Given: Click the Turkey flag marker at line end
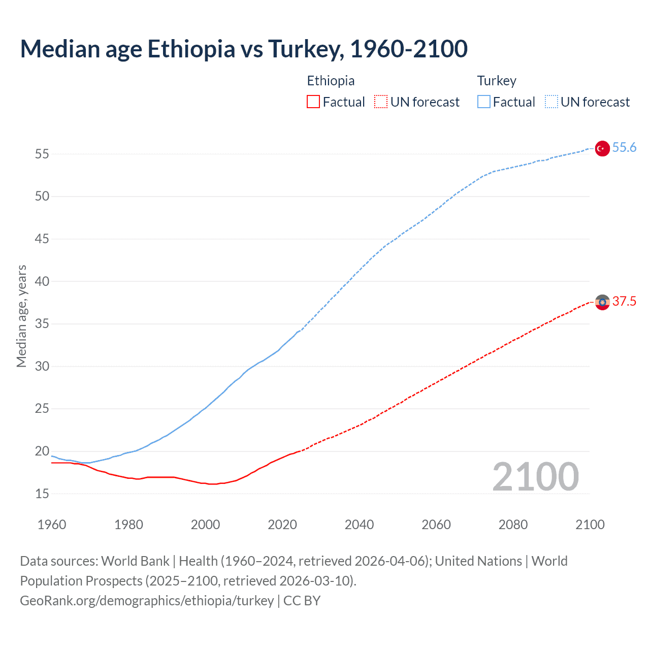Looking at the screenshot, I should coord(602,148).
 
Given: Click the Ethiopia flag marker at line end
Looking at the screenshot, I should coord(602,302).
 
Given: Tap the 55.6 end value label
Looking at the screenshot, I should coord(624,148).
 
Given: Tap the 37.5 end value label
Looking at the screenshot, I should coord(624,302).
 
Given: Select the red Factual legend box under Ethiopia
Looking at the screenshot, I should coord(313,102).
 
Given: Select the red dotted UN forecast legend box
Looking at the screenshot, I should coord(381,102).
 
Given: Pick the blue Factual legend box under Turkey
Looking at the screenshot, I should coord(483,102).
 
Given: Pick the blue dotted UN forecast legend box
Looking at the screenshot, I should coord(551,102).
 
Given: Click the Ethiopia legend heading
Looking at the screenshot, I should coord(331,81).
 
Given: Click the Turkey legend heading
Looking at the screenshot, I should coord(497,81).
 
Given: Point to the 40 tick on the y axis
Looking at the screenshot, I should coord(42,281).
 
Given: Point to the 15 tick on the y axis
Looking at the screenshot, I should coord(42,494).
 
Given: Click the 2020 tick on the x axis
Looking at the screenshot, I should coord(282,525).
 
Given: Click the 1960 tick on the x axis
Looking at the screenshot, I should coord(52,525).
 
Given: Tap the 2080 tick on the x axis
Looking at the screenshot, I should coord(513,525).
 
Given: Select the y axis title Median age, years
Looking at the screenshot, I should coord(21,316).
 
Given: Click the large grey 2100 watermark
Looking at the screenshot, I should coord(535,476).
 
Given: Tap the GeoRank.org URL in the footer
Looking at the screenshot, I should coord(147,601).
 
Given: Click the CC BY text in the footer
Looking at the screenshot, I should coord(302,601).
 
